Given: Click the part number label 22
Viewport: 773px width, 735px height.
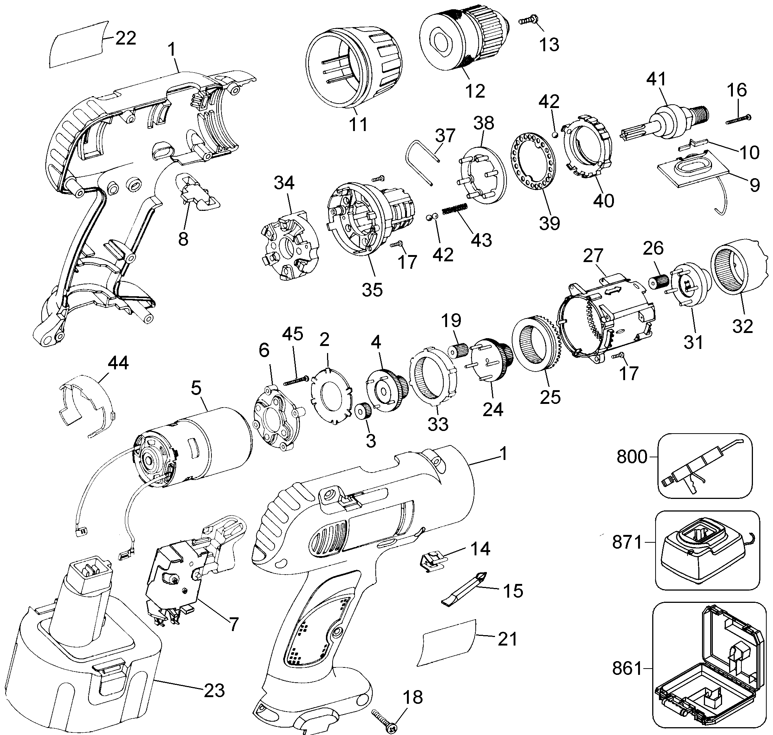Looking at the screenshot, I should pyautogui.click(x=126, y=38).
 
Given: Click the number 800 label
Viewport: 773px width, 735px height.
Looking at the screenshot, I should pyautogui.click(x=632, y=457).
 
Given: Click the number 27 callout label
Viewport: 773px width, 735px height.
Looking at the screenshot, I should pyautogui.click(x=593, y=256).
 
